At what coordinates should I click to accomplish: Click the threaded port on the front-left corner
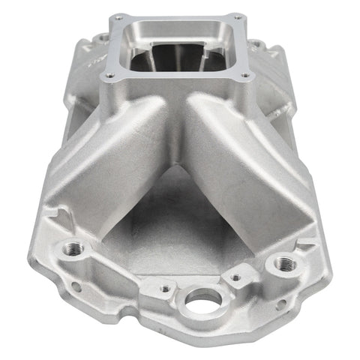pos(73,248)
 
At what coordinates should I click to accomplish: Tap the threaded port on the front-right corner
pos(283,263)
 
